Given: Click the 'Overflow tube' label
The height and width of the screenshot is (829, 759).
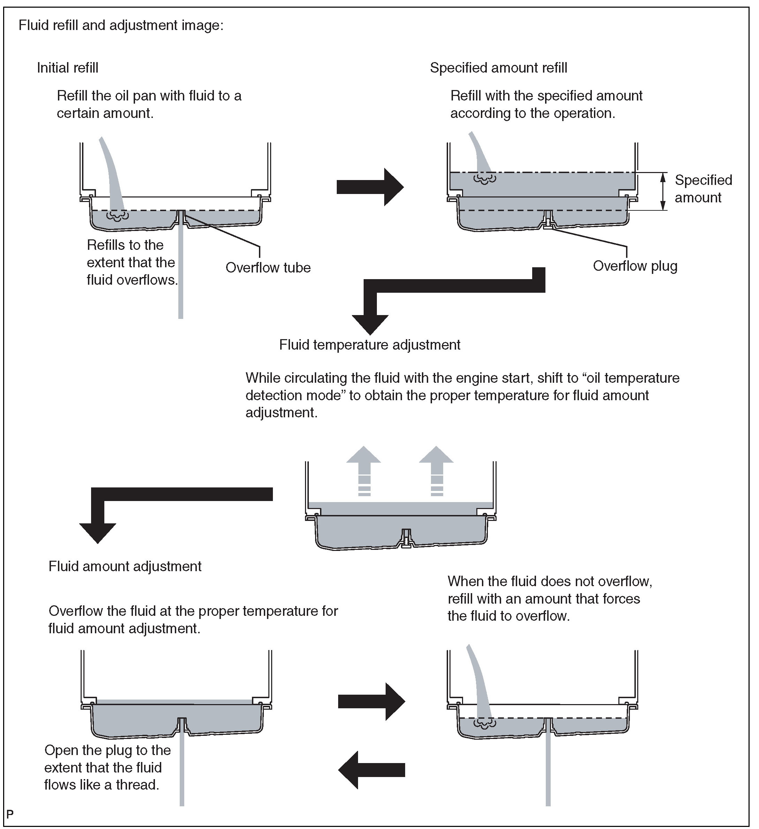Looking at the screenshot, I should [268, 268].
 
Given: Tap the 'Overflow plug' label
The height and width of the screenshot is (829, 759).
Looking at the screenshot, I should [635, 266].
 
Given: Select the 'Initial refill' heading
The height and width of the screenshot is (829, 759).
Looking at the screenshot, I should [67, 68].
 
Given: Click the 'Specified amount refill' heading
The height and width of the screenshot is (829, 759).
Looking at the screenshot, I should [498, 68].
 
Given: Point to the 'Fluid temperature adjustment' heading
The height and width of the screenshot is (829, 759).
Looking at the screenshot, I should [370, 345].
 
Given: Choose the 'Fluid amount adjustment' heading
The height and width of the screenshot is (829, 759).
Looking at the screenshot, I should [125, 566].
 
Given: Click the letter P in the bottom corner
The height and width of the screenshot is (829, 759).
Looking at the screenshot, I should [10, 814].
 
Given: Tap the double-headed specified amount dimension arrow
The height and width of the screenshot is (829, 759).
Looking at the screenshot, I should [662, 192].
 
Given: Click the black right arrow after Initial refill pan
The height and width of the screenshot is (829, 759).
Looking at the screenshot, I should [370, 187].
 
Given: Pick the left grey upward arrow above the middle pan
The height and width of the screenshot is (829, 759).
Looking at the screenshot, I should [364, 471].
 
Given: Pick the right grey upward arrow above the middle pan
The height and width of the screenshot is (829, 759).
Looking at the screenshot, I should [436, 471].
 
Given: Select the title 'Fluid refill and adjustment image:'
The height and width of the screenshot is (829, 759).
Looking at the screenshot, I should [121, 25].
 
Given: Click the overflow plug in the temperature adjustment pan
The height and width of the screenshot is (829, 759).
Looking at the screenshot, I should [407, 537].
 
